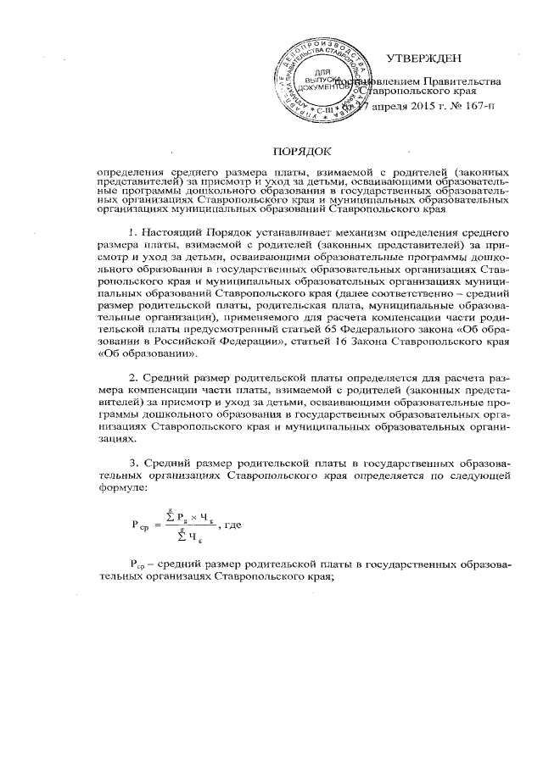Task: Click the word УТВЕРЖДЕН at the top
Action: pyautogui.click(x=423, y=58)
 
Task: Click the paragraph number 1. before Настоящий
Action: pyautogui.click(x=132, y=231)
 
